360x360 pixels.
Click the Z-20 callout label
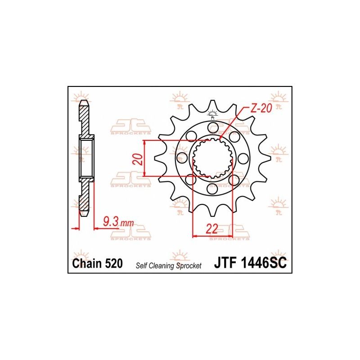(x=261, y=108)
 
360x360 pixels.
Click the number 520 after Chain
(x=113, y=264)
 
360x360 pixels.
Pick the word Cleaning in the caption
(x=163, y=265)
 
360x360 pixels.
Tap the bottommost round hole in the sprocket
(x=212, y=189)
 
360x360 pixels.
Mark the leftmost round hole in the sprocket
(x=181, y=157)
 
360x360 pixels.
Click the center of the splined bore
(x=212, y=157)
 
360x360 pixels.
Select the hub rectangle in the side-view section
(x=87, y=157)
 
